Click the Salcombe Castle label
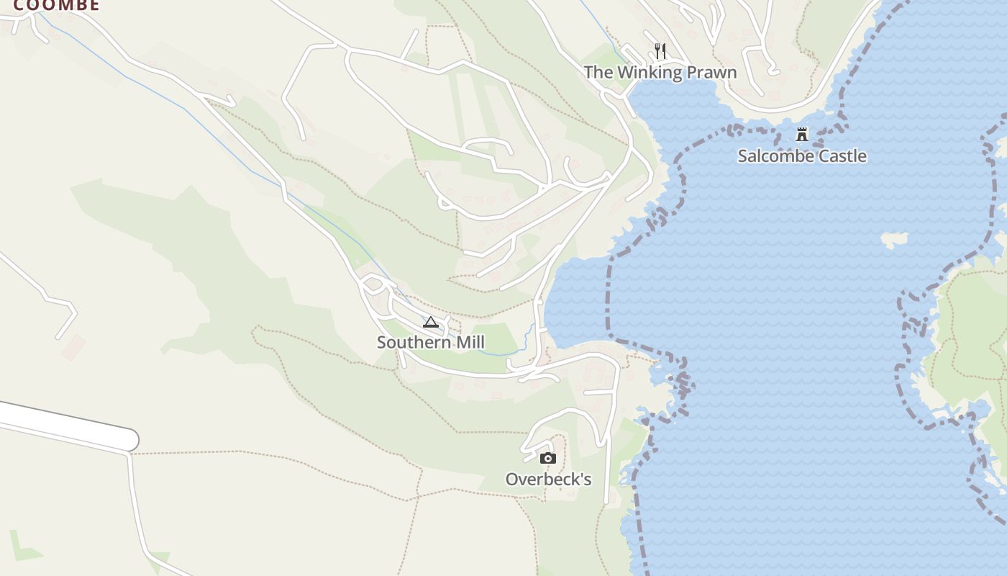(x=802, y=156)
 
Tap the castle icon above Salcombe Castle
(x=802, y=135)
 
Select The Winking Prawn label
(x=660, y=73)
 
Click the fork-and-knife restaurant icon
(x=660, y=51)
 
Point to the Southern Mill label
(x=431, y=342)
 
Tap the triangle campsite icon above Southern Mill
(x=431, y=322)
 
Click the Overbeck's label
(x=548, y=480)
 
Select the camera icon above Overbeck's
(x=548, y=459)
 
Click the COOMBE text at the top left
(x=56, y=6)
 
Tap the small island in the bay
(x=895, y=240)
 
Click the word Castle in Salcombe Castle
(x=842, y=156)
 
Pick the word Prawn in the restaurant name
(x=711, y=73)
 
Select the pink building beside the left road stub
(x=73, y=348)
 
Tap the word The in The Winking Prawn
(x=596, y=73)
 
